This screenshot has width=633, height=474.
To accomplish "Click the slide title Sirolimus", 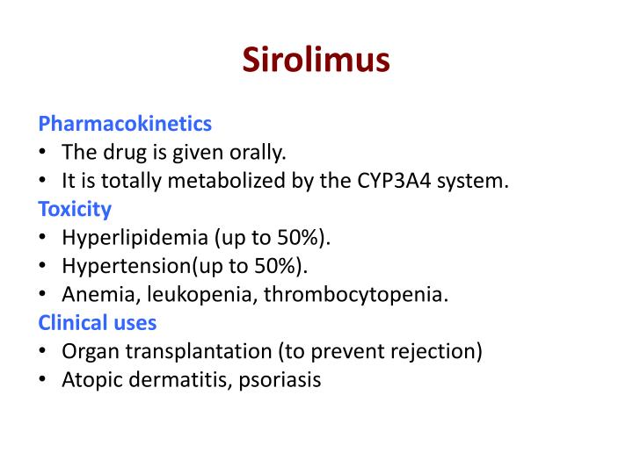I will click(316, 60).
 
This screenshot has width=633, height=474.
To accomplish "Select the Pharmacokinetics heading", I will click(125, 124).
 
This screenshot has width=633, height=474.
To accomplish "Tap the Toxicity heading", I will click(75, 209).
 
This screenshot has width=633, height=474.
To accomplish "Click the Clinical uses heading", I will click(97, 322).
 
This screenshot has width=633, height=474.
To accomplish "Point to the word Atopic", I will click(89, 380).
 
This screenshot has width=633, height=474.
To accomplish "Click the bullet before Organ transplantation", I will click(43, 351).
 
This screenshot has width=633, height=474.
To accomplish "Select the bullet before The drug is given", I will click(43, 153).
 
